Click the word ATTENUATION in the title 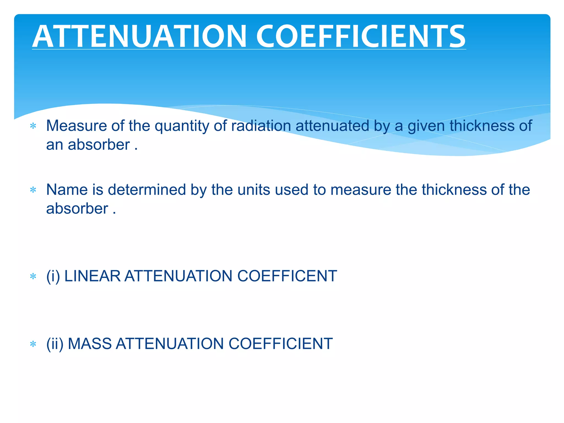click(139, 36)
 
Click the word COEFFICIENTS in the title click(361, 36)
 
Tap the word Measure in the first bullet click(76, 126)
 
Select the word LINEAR click(92, 276)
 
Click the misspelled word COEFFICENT click(287, 276)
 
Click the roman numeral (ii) click(55, 344)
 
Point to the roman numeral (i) click(53, 276)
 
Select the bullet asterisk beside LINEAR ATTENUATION click(33, 276)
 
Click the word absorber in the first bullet click(99, 145)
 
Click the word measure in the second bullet click(361, 190)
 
